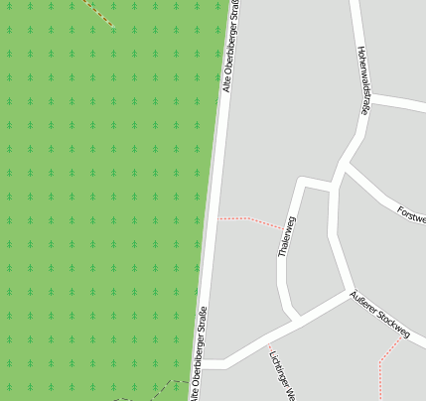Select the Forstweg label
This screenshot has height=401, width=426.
point(410,213)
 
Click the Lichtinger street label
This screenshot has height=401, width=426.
point(282,375)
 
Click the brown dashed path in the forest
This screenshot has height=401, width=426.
point(98,14)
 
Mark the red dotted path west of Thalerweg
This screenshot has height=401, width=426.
point(248,219)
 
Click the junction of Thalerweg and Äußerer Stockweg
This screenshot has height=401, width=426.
point(292,320)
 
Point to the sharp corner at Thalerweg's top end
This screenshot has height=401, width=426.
point(302,182)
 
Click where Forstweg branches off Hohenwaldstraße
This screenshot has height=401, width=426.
point(344,168)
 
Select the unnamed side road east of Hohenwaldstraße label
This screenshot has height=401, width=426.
point(397,102)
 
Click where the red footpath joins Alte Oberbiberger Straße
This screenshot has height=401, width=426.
point(218,217)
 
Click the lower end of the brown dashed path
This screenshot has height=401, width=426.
point(113,27)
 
